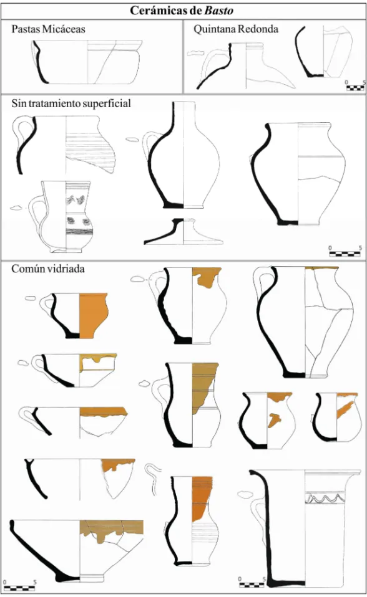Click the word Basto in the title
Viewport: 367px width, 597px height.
click(x=218, y=10)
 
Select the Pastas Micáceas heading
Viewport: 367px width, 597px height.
click(x=48, y=29)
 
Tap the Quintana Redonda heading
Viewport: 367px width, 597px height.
click(x=236, y=29)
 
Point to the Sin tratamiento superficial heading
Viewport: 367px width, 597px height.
click(x=71, y=103)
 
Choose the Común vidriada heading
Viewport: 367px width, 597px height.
click(x=48, y=269)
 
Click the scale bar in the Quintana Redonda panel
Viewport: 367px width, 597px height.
click(x=355, y=86)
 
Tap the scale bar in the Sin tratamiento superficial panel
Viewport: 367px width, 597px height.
click(x=345, y=251)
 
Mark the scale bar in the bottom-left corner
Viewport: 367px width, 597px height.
click(x=19, y=586)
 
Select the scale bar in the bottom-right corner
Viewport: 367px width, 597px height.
click(x=251, y=583)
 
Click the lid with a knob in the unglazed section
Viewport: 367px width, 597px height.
click(x=183, y=231)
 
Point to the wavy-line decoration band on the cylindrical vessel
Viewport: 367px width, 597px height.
click(x=325, y=498)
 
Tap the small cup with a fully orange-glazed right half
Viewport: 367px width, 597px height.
click(x=79, y=315)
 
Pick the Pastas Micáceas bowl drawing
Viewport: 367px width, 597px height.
click(x=87, y=62)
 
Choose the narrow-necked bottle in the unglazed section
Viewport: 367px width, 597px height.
click(x=183, y=155)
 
